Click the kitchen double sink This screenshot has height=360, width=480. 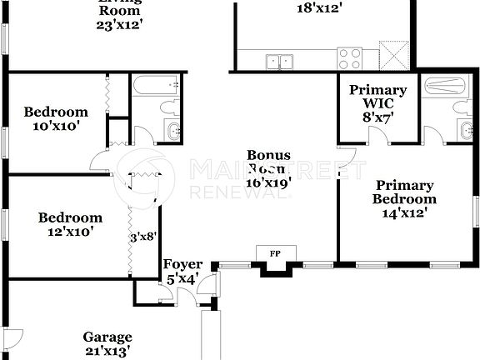[x=279, y=60]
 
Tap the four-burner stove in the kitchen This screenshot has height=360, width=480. [x=349, y=58]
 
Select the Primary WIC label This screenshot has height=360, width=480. [x=377, y=97]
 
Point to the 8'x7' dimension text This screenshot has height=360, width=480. [x=377, y=118]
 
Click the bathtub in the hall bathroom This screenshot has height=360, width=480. [x=155, y=85]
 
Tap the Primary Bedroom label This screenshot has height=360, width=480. [x=404, y=192]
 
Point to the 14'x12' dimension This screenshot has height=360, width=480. [x=404, y=213]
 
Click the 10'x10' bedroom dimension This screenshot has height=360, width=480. [x=56, y=127]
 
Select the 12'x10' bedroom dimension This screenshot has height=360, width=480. [x=71, y=232]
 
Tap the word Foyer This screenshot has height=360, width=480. [x=182, y=266]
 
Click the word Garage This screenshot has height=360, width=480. [x=107, y=337]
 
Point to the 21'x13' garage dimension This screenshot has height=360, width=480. [x=107, y=352]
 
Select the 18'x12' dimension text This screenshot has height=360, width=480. [x=319, y=9]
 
